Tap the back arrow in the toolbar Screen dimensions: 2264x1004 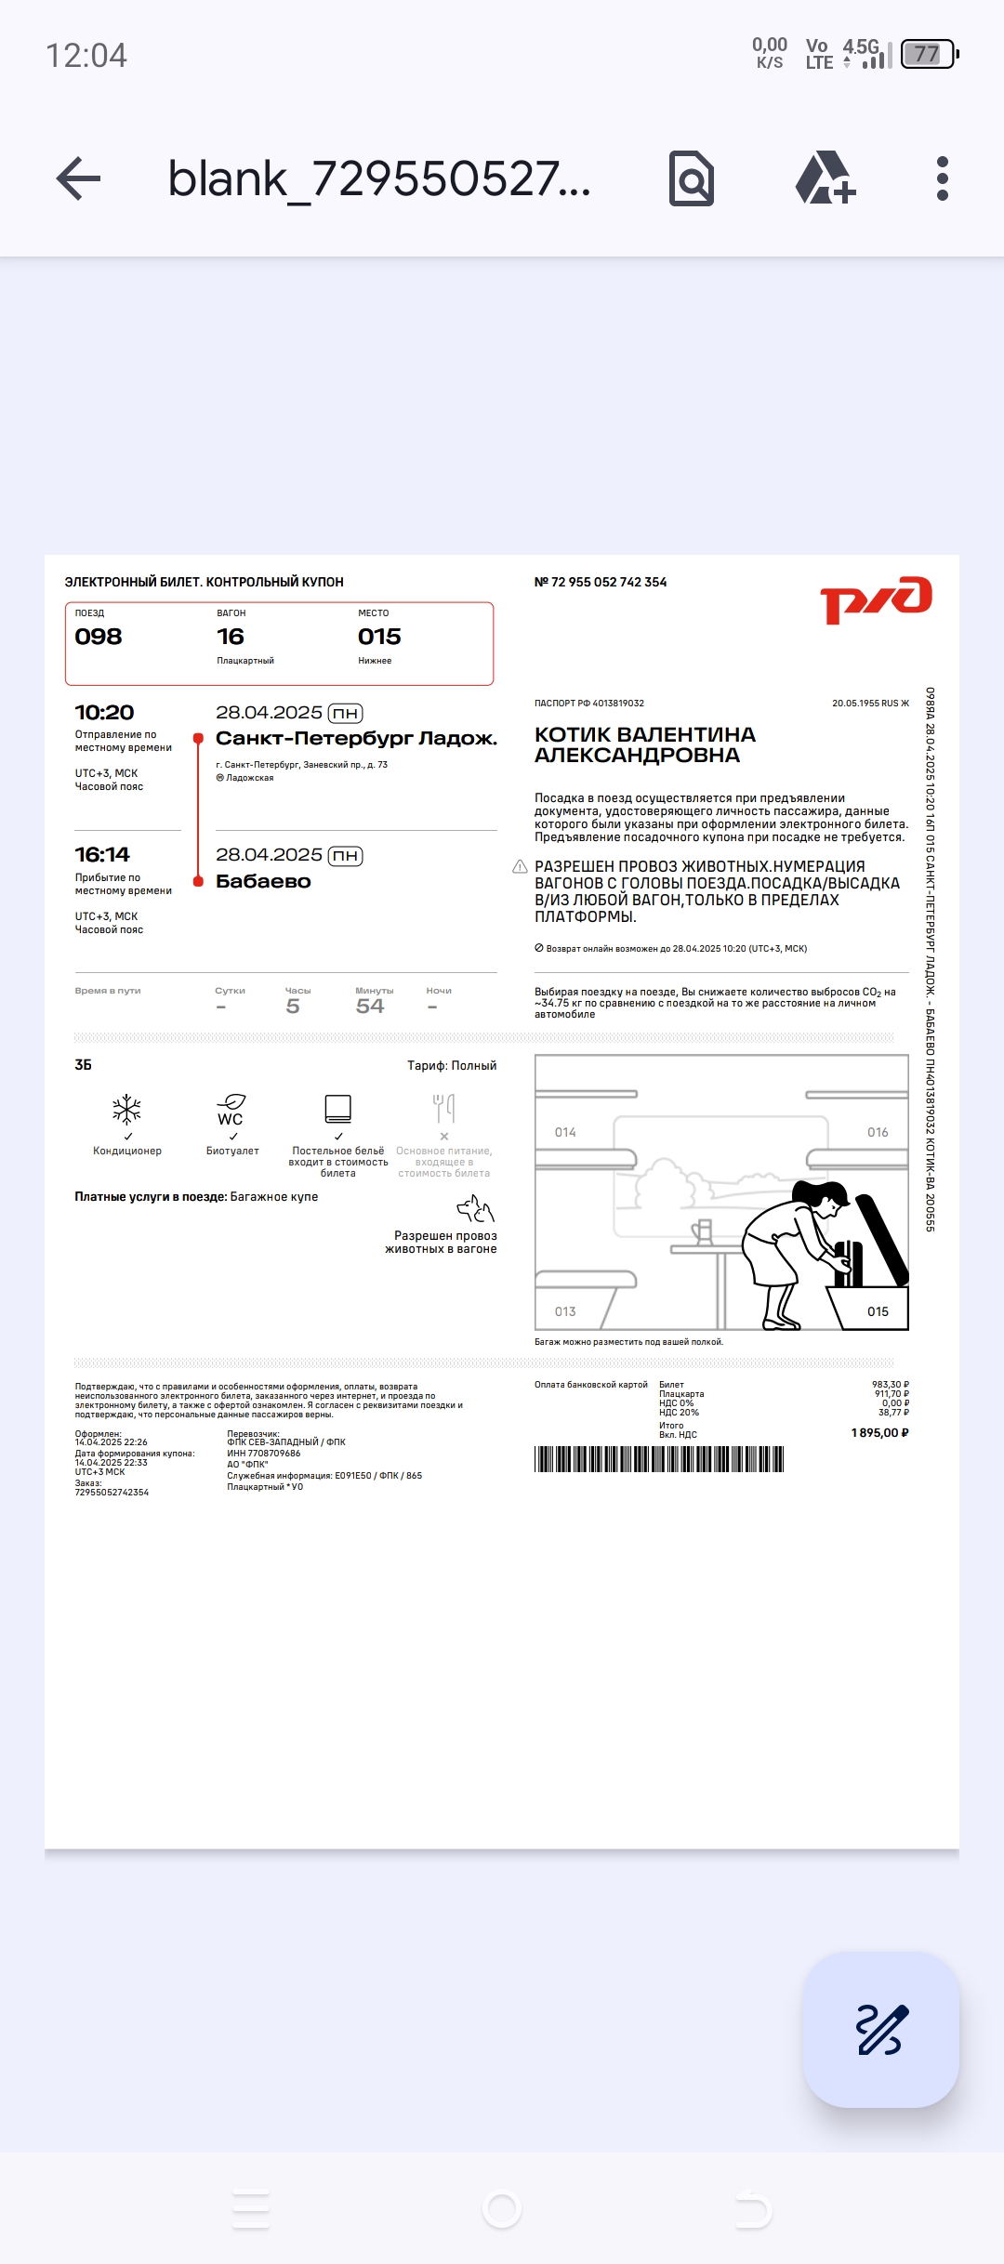79,178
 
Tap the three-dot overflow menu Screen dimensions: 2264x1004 942,178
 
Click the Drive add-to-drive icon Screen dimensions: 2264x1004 825,178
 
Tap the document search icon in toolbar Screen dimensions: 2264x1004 692,178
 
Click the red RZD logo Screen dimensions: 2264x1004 876,599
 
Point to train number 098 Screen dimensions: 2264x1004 99,637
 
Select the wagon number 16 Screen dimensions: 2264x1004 231,637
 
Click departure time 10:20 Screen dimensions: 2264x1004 104,713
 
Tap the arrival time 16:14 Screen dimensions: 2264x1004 102,855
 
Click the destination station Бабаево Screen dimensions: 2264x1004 263,882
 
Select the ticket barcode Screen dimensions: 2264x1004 659,1459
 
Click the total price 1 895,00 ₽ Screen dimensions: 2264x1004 879,1433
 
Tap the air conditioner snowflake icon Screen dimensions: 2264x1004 126,1109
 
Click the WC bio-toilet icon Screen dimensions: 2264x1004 231,1110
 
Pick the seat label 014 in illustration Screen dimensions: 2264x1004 565,1132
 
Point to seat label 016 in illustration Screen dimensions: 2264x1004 878,1132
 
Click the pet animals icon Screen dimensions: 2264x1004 476,1209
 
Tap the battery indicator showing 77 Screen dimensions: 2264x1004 929,54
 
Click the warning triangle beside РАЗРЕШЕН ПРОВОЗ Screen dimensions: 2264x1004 520,866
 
